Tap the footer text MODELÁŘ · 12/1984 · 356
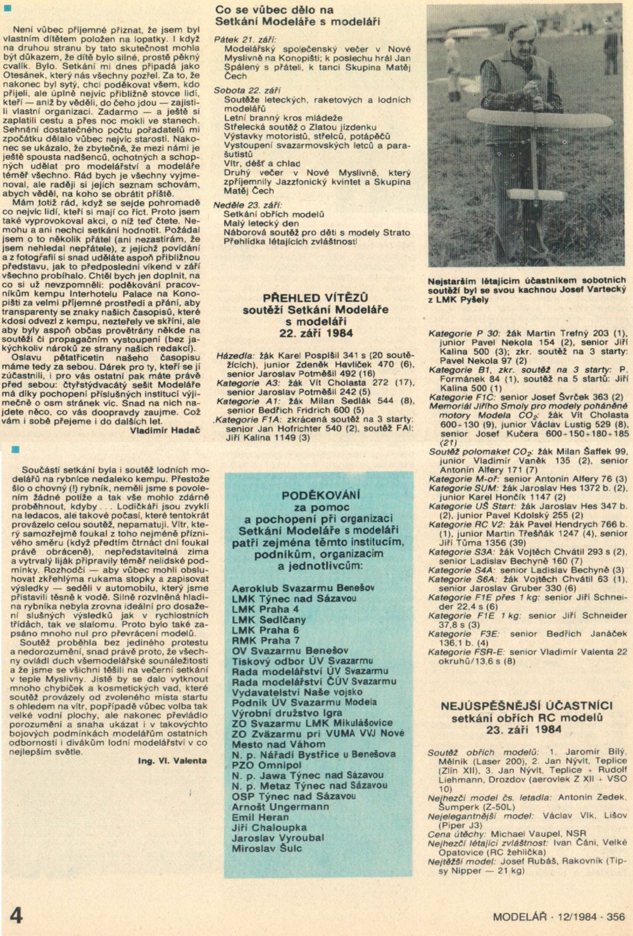click(559, 916)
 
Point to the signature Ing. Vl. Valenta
click(172, 761)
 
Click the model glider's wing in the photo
click(538, 119)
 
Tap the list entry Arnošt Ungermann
click(280, 807)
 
